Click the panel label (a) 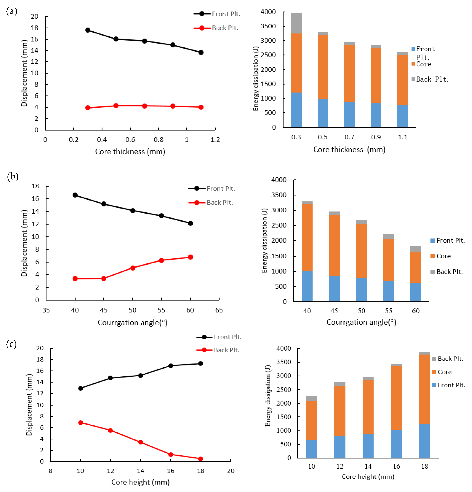(x=12, y=11)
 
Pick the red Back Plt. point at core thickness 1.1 (x=201, y=107)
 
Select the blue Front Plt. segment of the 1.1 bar (x=402, y=116)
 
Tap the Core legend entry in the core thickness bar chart (x=423, y=64)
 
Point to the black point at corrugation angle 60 (x=190, y=223)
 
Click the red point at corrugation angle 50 (x=133, y=268)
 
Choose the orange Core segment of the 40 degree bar (x=307, y=237)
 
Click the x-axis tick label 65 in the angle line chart (x=219, y=310)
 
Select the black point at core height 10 (x=81, y=388)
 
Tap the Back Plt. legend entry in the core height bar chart (x=450, y=359)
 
